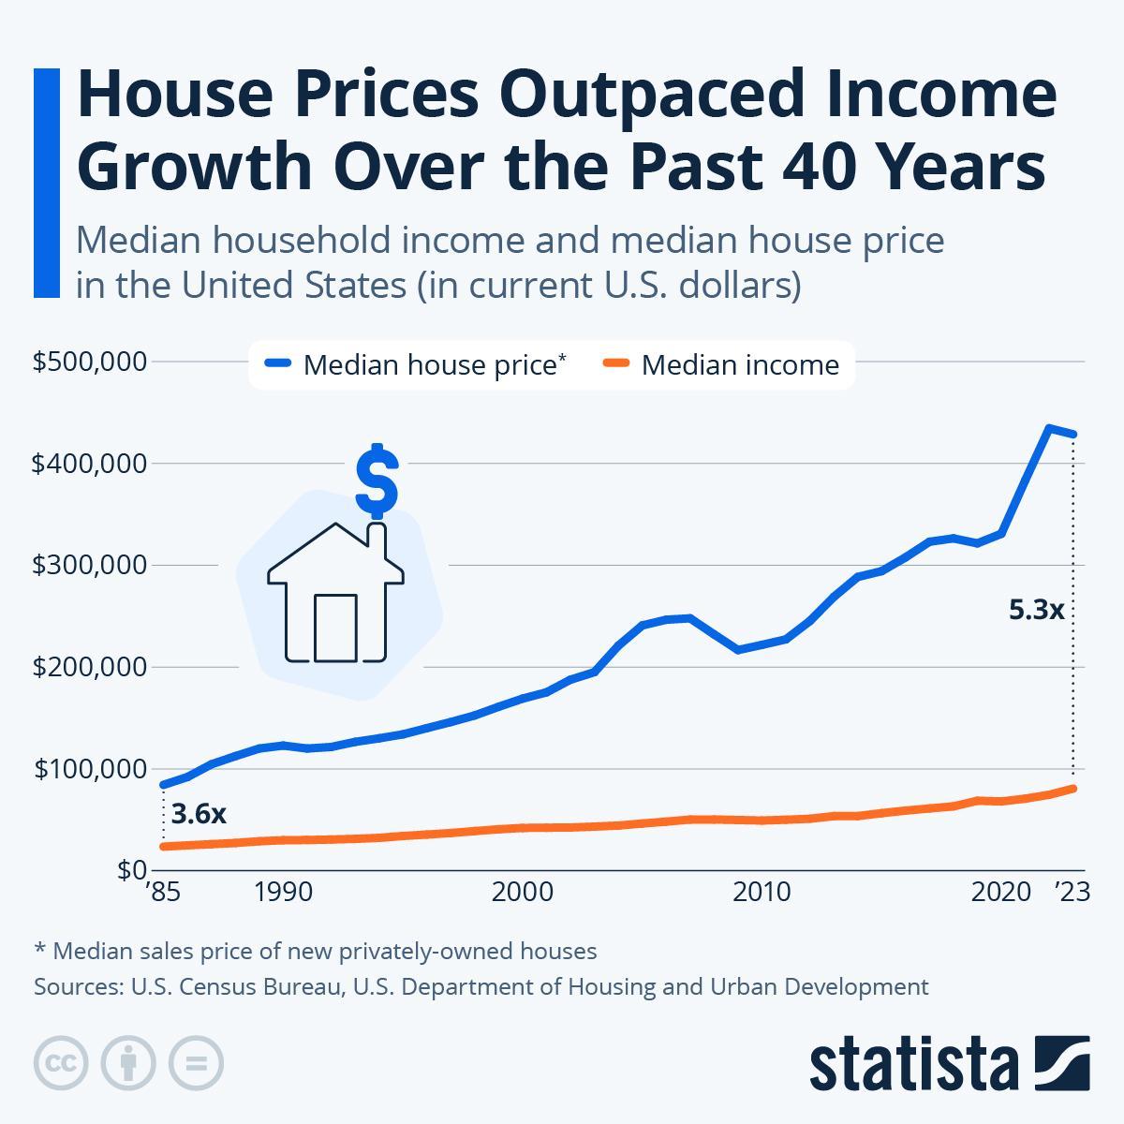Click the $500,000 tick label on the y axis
[89, 362]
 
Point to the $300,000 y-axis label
[89, 566]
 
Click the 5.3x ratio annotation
[1036, 611]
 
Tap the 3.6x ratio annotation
[200, 813]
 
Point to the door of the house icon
[335, 628]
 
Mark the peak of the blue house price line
[1050, 428]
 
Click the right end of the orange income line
[1073, 789]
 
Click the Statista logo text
[914, 1064]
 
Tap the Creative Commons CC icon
[62, 1063]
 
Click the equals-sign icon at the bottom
[197, 1063]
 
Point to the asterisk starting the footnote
[39, 950]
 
